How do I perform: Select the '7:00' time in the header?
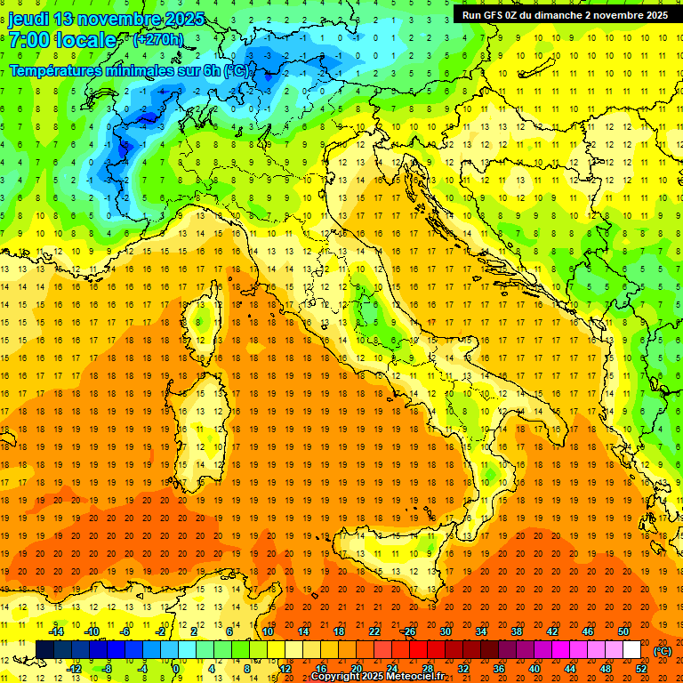(x=28, y=40)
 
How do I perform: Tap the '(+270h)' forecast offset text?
(x=158, y=40)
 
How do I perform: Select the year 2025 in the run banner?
(x=653, y=15)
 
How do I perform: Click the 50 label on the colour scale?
(x=623, y=631)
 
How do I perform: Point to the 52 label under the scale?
(x=641, y=669)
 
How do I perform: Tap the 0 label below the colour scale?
(x=176, y=669)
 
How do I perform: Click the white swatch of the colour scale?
(x=632, y=650)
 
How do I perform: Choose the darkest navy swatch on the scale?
(x=44, y=650)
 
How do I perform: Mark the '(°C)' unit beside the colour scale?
(x=663, y=651)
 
